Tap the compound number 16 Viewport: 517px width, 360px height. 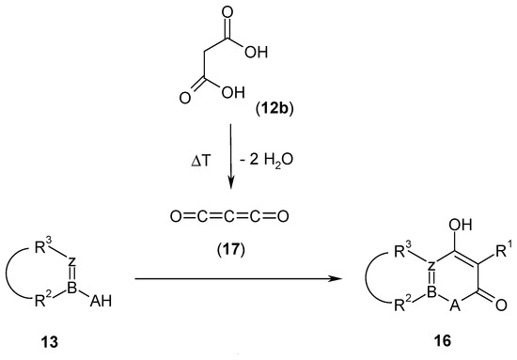(x=421, y=342)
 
